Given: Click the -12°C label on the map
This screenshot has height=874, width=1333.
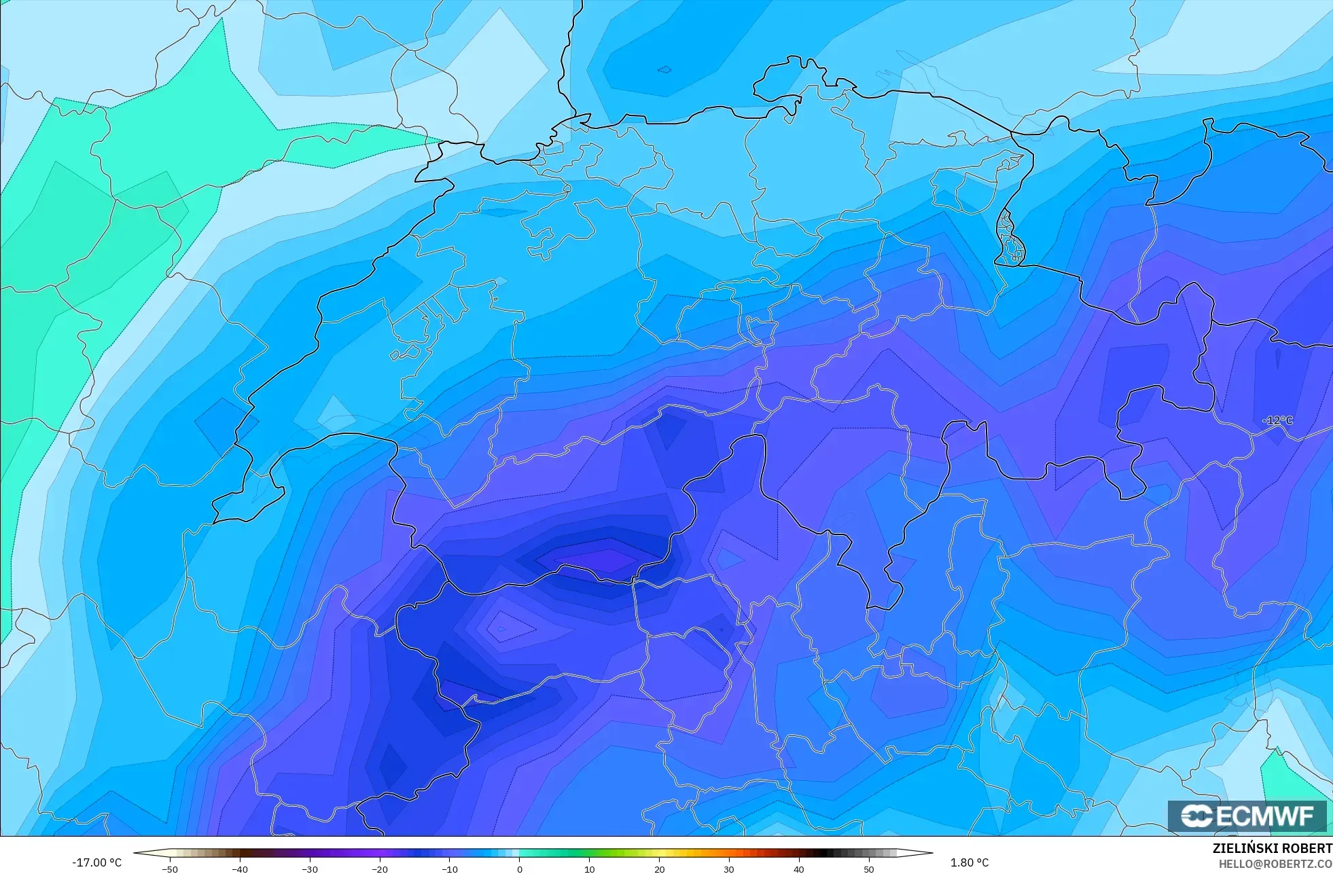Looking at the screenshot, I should (1277, 420).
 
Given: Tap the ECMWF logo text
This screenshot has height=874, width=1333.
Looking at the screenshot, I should (1264, 816).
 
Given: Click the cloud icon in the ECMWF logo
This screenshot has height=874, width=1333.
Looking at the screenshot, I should (1196, 816).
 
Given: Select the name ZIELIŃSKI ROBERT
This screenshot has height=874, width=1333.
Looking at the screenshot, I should (1272, 848).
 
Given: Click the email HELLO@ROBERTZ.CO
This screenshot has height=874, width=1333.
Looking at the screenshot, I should (1275, 864).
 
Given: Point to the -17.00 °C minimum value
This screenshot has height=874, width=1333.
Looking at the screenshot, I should (97, 862).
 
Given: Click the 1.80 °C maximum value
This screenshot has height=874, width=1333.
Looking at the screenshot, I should (970, 862).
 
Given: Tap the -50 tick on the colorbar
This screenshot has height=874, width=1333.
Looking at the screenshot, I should (170, 869).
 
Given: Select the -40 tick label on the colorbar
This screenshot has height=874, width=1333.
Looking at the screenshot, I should (240, 869).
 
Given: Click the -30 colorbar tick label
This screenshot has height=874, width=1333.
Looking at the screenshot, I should (310, 869).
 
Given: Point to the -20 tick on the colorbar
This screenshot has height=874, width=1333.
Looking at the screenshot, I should (380, 869).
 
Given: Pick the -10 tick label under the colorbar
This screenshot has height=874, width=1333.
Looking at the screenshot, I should (450, 869).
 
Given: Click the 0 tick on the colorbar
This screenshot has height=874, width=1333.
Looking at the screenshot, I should (520, 869).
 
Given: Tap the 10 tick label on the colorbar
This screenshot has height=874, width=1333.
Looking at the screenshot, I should (589, 869).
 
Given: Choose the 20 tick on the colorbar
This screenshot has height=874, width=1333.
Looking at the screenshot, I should (659, 869).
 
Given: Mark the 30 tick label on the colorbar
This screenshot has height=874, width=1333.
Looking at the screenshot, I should (729, 869).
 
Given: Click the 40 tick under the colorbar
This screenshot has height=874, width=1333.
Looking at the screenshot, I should (799, 869).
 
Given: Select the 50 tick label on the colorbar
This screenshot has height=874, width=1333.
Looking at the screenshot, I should (869, 869).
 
